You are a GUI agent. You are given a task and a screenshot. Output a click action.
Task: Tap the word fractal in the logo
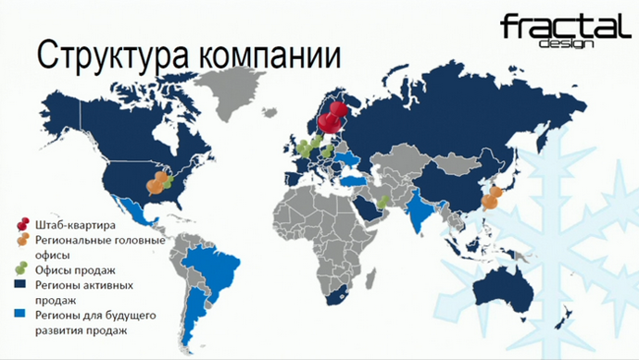(x=558, y=27)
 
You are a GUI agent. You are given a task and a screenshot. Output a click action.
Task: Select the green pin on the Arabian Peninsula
(x=383, y=200)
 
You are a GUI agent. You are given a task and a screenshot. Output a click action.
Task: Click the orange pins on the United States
(x=160, y=179)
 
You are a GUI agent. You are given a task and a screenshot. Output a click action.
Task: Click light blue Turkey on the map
(x=354, y=181)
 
